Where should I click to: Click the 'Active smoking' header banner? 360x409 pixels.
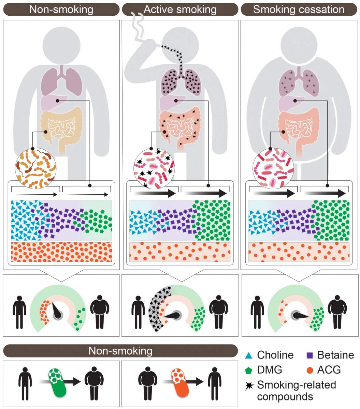click(180, 9)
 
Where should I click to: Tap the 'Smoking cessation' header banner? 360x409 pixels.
click(299, 9)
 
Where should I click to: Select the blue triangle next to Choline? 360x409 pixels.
click(249, 356)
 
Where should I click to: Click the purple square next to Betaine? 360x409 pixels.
click(309, 355)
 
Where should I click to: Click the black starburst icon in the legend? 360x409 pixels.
click(250, 386)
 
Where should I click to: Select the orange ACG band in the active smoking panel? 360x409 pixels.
click(180, 252)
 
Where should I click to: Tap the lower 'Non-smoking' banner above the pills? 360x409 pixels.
click(120, 351)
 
